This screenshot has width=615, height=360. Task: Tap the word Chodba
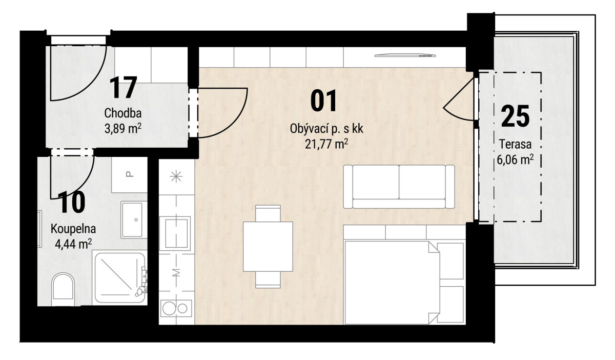point(122,113)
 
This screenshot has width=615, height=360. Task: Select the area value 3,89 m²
point(123,128)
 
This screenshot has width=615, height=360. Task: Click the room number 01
point(323,101)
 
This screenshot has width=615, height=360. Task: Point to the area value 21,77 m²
point(326,144)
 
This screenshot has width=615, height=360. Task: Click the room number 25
point(516,116)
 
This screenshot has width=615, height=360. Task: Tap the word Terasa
point(515,144)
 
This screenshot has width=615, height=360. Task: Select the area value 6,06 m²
point(516,159)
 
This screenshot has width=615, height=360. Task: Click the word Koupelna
point(73,229)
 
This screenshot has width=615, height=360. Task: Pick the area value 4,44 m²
point(73,244)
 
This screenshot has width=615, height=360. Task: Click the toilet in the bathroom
point(63,289)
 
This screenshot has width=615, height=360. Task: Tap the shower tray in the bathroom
point(120,278)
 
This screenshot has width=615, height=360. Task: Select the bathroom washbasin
point(132,219)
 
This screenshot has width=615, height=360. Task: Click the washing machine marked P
point(129,175)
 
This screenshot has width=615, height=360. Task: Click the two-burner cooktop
point(176,308)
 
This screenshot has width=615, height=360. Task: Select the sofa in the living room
point(399,187)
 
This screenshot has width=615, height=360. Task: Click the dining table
point(268,247)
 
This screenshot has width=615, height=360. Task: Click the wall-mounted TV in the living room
point(405,55)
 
